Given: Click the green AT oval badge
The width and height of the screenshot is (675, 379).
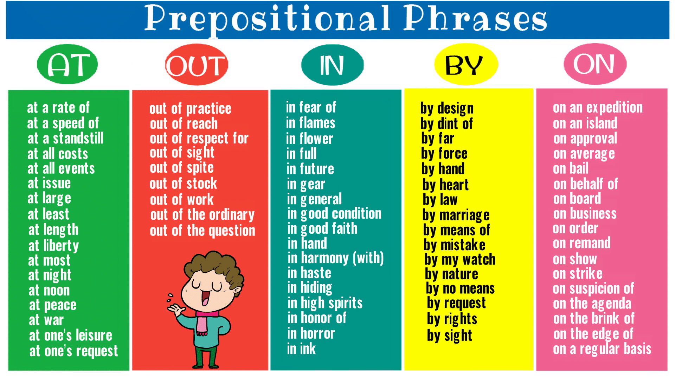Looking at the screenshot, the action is pyautogui.click(x=67, y=64).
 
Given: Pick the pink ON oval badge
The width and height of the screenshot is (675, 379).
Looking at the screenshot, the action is pyautogui.click(x=595, y=64).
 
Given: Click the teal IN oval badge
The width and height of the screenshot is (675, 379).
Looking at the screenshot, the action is pyautogui.click(x=332, y=65).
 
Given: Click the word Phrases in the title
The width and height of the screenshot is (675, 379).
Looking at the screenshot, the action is pyautogui.click(x=475, y=18).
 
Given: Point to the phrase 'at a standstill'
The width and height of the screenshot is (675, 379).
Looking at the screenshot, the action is pyautogui.click(x=65, y=138).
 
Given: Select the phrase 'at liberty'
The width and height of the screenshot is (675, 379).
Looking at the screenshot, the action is pyautogui.click(x=53, y=246).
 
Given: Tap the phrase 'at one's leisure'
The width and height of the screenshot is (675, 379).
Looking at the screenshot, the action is pyautogui.click(x=71, y=335).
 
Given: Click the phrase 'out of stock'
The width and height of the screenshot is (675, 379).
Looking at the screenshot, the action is pyautogui.click(x=183, y=184).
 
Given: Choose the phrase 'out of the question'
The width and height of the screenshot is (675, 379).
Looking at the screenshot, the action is pyautogui.click(x=202, y=231).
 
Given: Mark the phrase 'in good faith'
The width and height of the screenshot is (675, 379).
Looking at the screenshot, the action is pyautogui.click(x=322, y=229).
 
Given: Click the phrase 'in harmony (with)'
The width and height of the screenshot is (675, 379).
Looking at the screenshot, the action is pyautogui.click(x=336, y=258).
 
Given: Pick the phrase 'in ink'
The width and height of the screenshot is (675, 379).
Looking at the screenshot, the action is pyautogui.click(x=301, y=349).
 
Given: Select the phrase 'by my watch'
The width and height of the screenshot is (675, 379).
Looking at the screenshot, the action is pyautogui.click(x=460, y=260).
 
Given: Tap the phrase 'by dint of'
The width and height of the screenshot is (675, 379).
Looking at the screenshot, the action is pyautogui.click(x=446, y=124).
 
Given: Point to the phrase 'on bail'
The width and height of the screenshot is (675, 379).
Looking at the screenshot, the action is pyautogui.click(x=571, y=168).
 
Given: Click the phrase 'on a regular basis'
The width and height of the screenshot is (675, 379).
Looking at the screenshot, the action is pyautogui.click(x=602, y=349).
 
